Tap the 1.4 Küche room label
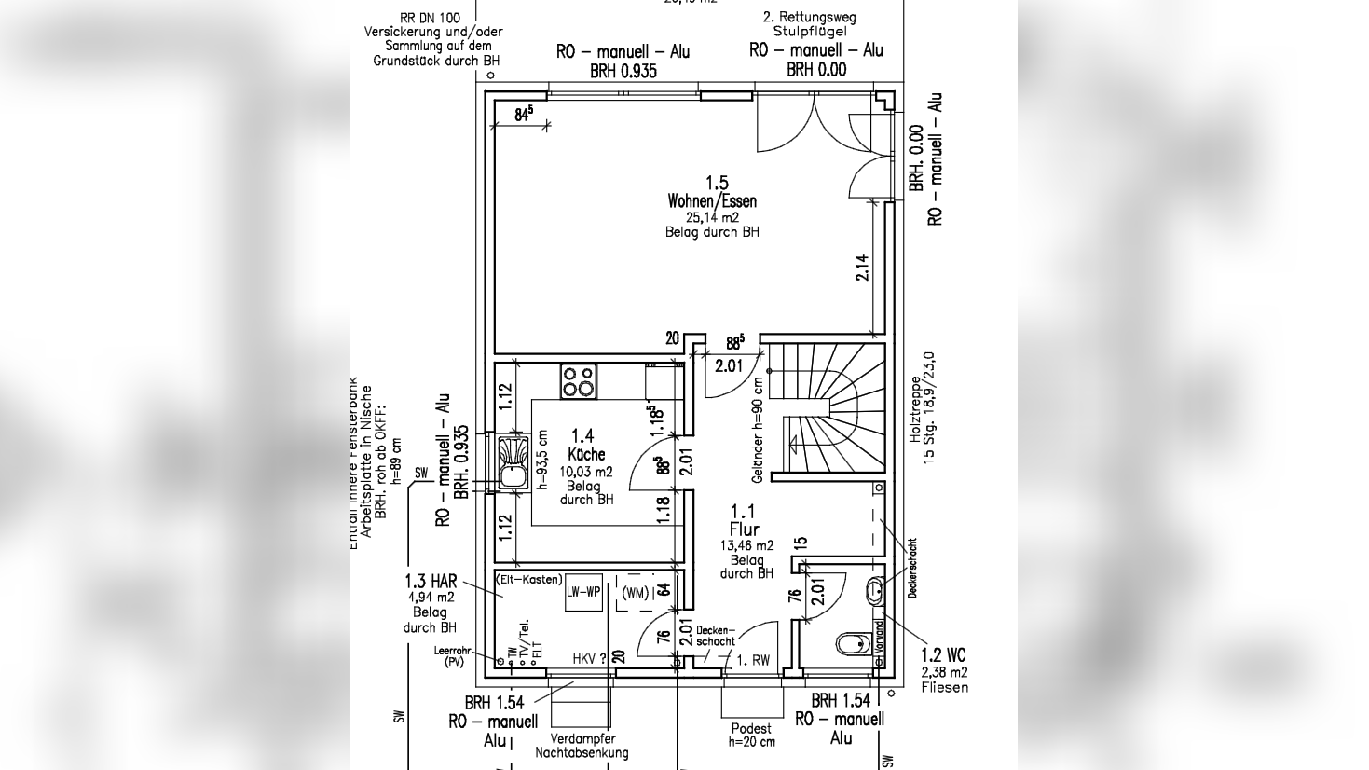coord(585,445)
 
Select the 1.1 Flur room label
coord(743,520)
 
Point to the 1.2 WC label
coord(944,656)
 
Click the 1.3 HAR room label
coord(431,581)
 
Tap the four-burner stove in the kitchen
coord(578,381)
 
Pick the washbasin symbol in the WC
coord(874,589)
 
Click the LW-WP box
coord(583,592)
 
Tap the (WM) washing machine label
coord(635,593)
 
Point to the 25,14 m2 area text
coord(712,217)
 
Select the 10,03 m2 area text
coord(586,472)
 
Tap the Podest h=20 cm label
coord(750,735)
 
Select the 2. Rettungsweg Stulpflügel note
coord(808,24)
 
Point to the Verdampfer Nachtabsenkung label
coord(582,746)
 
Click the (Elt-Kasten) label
coord(529,580)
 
